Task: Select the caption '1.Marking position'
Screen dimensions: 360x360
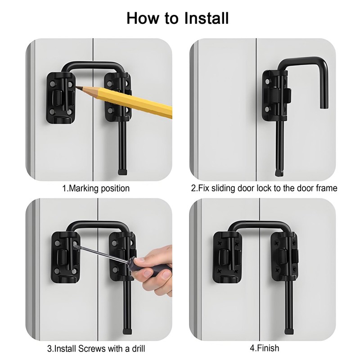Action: point(95,188)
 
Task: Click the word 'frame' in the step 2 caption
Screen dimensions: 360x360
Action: point(324,188)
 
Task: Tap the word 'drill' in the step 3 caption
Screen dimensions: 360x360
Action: point(135,348)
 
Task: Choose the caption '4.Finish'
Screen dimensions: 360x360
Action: point(264,348)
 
